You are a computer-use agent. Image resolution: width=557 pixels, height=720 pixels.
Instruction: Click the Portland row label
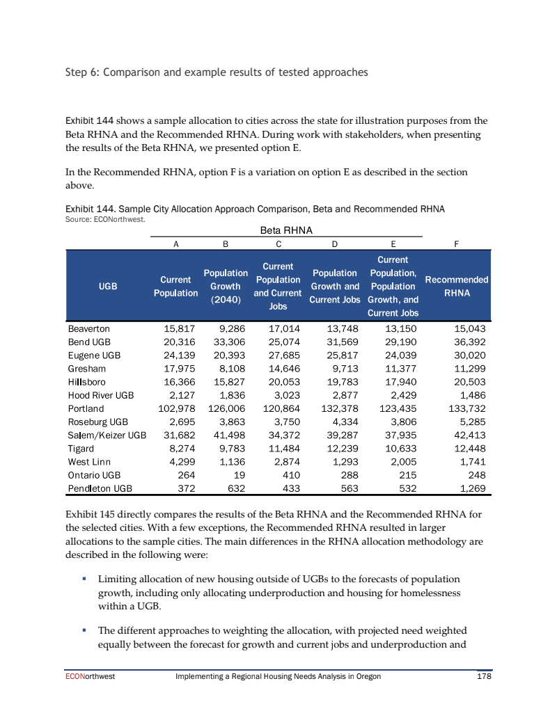coord(86,408)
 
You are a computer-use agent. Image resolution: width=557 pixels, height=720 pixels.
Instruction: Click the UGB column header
coord(108,286)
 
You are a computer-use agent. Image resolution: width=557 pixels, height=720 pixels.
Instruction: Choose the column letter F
coord(456,244)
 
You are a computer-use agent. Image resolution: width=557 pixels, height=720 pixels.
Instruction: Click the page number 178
coord(483,676)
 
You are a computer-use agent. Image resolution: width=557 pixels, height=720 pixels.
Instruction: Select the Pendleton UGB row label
coord(100,488)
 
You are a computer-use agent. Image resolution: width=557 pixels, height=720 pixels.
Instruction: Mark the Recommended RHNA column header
coord(456,286)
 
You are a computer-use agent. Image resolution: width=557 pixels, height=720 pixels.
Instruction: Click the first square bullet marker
coord(84,579)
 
